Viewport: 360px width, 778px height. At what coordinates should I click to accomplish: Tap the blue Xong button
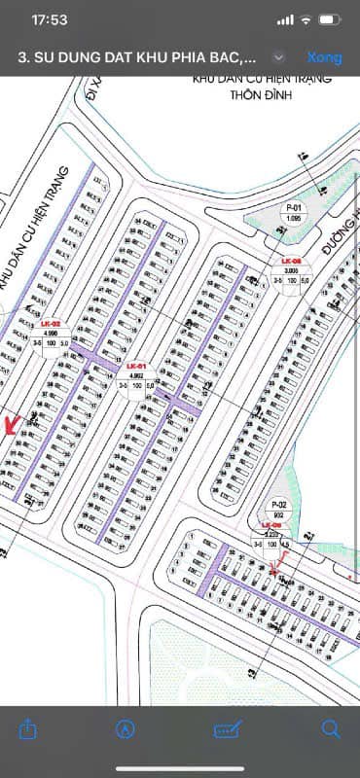tap(324, 57)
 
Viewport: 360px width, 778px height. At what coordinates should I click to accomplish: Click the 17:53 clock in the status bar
tap(50, 19)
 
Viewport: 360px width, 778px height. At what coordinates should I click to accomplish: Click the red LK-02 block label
tap(50, 323)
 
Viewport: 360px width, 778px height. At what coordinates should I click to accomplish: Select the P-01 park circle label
tap(292, 210)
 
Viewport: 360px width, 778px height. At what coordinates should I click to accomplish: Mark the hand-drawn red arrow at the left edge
tap(13, 425)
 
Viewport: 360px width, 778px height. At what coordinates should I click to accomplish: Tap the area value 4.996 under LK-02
tap(50, 333)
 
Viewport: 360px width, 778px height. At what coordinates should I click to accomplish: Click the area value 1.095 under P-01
tap(292, 220)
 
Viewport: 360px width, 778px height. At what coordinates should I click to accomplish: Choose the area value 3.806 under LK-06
tap(290, 271)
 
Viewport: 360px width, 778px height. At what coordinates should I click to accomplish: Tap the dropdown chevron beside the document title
tap(279, 57)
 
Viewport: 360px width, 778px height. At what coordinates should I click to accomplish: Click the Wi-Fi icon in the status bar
tap(306, 19)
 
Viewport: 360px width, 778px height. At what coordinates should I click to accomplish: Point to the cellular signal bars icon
tap(284, 19)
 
